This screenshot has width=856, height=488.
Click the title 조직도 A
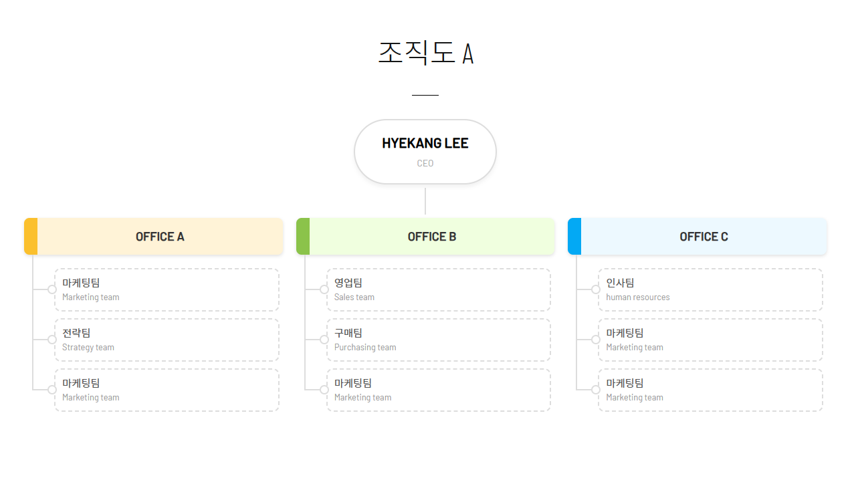(425, 53)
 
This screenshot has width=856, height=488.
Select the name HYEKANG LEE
(425, 143)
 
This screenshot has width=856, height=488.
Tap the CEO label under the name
(425, 163)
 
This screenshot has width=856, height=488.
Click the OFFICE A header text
(160, 237)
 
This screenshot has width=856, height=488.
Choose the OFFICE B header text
(432, 237)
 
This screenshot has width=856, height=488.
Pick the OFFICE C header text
(704, 237)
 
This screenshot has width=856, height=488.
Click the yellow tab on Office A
(31, 236)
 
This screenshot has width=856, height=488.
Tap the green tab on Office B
(303, 236)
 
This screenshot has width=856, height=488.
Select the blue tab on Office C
(574, 236)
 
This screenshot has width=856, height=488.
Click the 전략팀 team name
(76, 333)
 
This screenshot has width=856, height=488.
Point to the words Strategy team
(88, 348)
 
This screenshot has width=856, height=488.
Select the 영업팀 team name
(348, 283)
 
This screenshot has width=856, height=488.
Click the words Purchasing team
(365, 348)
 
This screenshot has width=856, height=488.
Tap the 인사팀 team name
(620, 283)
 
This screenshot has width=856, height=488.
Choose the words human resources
(638, 297)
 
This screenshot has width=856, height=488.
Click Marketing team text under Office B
(363, 398)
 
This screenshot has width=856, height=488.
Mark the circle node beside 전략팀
(52, 340)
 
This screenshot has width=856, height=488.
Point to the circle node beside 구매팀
(324, 340)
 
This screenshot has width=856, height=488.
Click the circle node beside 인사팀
(596, 289)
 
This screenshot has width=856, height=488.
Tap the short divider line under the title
(425, 96)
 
